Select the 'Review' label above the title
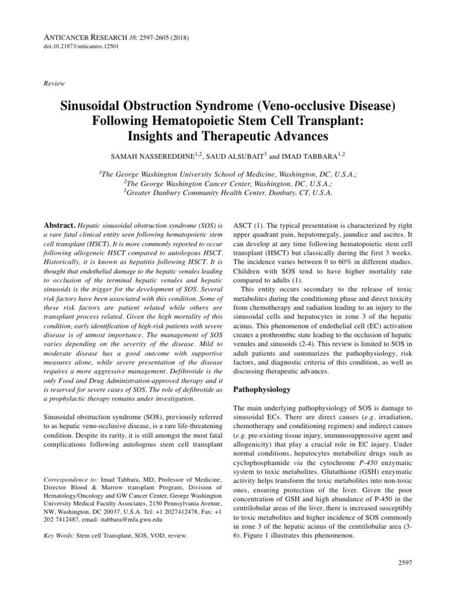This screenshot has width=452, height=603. [55, 84]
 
